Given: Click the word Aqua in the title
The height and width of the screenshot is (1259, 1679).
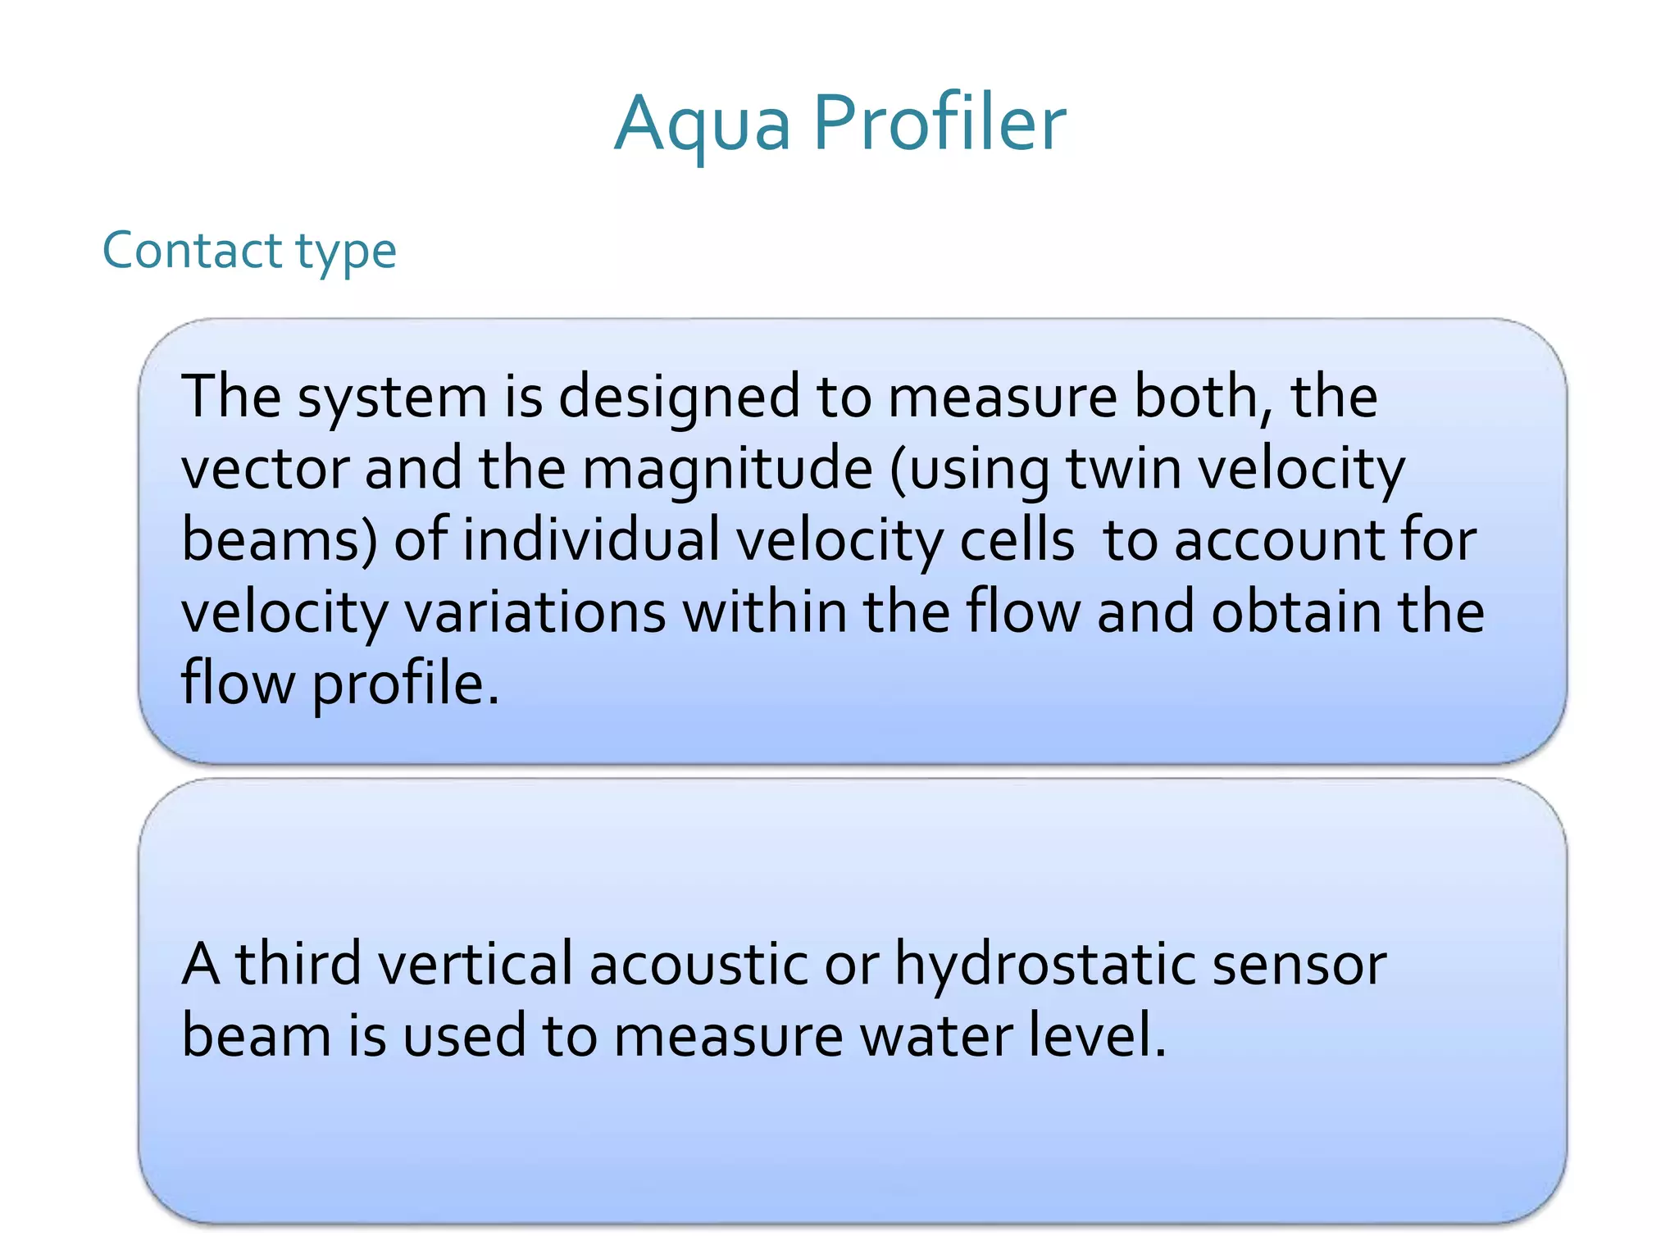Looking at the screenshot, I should pos(703,125).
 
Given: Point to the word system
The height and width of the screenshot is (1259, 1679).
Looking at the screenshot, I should pos(392,398).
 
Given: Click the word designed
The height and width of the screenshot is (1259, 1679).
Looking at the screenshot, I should pos(679,398).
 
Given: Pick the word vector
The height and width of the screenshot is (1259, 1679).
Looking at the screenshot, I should pos(263,469).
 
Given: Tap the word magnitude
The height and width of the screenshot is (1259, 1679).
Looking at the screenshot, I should pos(727,470).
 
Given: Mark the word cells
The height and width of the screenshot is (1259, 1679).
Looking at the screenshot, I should pos(1017,541).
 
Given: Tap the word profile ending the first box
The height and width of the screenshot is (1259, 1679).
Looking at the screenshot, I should pos(405,684).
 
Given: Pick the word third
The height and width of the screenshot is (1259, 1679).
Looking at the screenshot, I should pos(298,964).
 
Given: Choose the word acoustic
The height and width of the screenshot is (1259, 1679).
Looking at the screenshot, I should pos(698,964).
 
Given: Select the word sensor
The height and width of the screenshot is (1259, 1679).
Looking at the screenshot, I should pos(1299,964).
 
